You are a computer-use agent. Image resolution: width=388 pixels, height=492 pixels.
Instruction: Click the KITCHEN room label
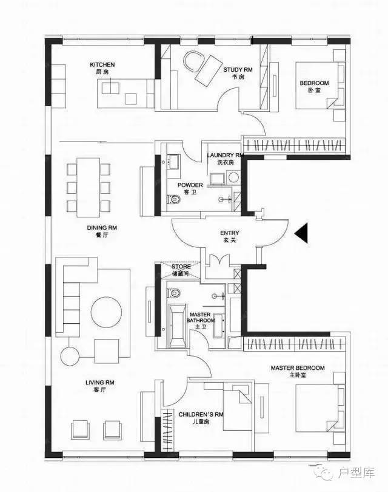(102, 65)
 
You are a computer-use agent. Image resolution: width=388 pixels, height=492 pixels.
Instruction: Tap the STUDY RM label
(238, 70)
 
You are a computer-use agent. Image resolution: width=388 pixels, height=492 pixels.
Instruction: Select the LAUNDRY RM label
(225, 155)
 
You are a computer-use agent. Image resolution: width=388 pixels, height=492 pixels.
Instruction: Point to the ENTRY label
(230, 233)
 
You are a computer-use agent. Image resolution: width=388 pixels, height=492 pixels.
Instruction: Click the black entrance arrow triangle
(302, 233)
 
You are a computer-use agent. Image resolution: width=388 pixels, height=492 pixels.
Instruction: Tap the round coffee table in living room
(107, 313)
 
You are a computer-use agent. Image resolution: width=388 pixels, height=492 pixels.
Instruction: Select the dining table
(89, 187)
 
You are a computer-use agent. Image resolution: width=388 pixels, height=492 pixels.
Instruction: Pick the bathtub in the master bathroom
(177, 326)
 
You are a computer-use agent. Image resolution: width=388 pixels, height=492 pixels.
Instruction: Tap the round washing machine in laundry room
(233, 177)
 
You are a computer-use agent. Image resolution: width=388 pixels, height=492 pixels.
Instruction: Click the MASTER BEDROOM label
(298, 367)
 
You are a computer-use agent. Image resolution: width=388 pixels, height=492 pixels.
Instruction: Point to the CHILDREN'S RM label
(201, 414)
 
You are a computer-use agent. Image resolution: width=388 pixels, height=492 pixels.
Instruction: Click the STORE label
(181, 267)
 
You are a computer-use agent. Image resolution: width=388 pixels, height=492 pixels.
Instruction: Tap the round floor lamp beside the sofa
(70, 356)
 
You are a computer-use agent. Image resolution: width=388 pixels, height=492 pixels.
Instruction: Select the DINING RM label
(102, 228)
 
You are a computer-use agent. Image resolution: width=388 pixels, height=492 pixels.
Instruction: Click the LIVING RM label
(100, 383)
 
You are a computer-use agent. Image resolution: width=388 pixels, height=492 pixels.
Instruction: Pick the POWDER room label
(190, 185)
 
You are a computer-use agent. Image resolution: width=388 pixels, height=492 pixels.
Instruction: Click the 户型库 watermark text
(356, 473)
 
